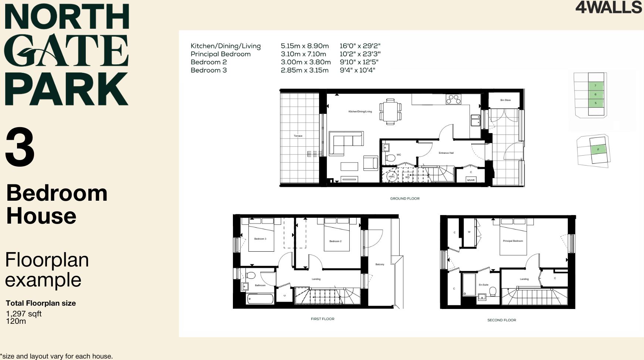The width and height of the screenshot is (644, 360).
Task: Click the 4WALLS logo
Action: tap(609, 7)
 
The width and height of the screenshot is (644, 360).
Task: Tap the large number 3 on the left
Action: tap(20, 147)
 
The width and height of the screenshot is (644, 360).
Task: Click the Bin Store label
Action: tap(505, 100)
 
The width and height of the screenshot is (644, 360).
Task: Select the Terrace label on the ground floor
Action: tap(298, 136)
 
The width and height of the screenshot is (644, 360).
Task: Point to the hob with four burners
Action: tap(453, 99)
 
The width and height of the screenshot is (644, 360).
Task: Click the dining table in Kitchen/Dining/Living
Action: tap(390, 112)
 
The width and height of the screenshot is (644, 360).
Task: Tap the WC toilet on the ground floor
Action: tap(390, 158)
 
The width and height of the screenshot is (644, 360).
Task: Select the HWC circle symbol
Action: tap(392, 177)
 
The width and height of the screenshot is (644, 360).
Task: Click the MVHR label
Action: tap(471, 180)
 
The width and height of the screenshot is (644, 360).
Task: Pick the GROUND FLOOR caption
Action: tap(405, 199)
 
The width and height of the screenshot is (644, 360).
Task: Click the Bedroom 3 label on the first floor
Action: tap(260, 239)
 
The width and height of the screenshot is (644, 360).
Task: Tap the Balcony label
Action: tap(380, 264)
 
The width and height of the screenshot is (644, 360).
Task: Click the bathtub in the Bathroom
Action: tap(260, 299)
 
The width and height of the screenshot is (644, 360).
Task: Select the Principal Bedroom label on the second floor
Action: tap(513, 241)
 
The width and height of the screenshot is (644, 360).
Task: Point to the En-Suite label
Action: tap(484, 285)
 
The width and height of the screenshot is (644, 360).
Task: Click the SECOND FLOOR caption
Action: tap(502, 320)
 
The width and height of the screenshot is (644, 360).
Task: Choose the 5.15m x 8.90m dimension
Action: tap(305, 46)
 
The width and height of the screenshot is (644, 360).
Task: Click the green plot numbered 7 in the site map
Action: tap(595, 86)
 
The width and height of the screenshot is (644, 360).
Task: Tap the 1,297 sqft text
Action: tap(24, 314)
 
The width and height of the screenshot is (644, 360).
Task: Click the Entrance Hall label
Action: tap(446, 153)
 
